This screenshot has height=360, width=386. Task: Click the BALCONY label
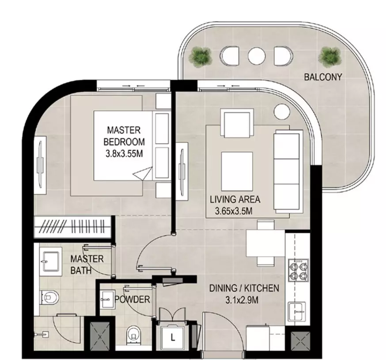click(x=323, y=77)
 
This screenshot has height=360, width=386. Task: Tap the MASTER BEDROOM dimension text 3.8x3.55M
click(x=124, y=154)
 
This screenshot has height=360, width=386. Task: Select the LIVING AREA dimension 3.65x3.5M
click(x=234, y=211)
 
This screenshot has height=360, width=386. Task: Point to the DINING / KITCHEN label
click(x=244, y=288)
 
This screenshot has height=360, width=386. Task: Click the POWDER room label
click(x=132, y=299)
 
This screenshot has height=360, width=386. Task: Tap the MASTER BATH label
click(x=87, y=265)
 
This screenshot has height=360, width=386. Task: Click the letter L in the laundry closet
click(x=173, y=337)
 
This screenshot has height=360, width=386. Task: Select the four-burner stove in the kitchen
click(x=298, y=270)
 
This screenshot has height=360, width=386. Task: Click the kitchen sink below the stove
click(x=297, y=311)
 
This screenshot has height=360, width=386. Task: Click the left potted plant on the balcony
click(x=200, y=58)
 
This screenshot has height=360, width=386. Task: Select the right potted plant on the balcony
click(x=330, y=57)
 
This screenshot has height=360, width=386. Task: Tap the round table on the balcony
click(x=257, y=56)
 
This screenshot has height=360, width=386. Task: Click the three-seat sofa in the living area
click(x=288, y=172)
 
